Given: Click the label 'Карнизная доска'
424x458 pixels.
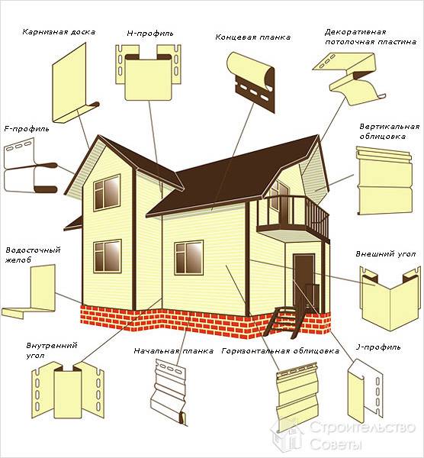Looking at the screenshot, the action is click(x=59, y=32).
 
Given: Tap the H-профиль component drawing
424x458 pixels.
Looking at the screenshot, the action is click(x=149, y=73).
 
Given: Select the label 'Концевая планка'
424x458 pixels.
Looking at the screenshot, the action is click(x=253, y=37).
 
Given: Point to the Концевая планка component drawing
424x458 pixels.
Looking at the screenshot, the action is click(x=251, y=82).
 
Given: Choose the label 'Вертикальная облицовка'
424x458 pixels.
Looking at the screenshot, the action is click(x=389, y=131).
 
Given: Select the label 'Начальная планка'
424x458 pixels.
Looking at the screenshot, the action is click(x=174, y=351).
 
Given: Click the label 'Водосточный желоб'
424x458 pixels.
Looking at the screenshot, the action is click(x=33, y=255).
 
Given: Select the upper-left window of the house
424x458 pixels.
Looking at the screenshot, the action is click(x=107, y=192).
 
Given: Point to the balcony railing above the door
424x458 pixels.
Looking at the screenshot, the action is click(x=294, y=214).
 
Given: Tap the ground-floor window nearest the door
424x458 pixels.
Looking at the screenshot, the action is click(x=189, y=258).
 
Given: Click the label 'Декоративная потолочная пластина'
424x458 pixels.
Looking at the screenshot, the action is click(x=371, y=37).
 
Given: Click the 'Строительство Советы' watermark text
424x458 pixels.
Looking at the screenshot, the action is click(x=361, y=436).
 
